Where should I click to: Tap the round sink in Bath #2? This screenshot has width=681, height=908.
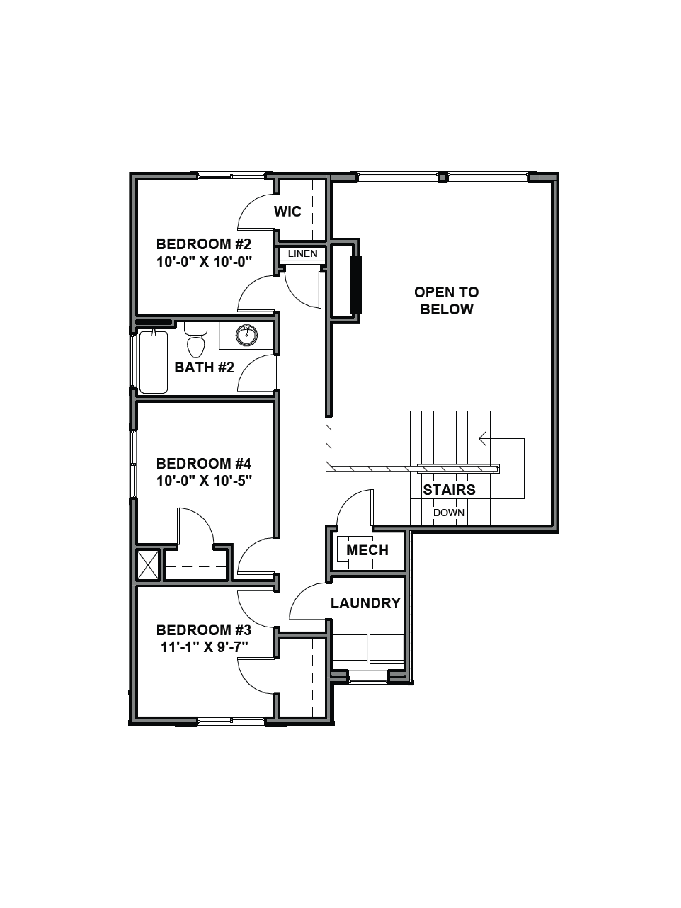[247, 335]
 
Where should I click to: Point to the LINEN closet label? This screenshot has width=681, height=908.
[303, 254]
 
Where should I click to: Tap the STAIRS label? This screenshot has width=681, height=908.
[449, 490]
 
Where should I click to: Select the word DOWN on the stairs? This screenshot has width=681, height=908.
[449, 513]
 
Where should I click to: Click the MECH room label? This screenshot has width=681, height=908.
[367, 550]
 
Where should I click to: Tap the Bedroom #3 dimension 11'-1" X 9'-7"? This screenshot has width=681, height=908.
[204, 647]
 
